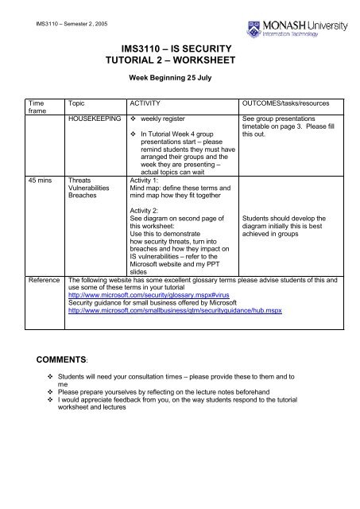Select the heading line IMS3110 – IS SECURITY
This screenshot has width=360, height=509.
(180, 49)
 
